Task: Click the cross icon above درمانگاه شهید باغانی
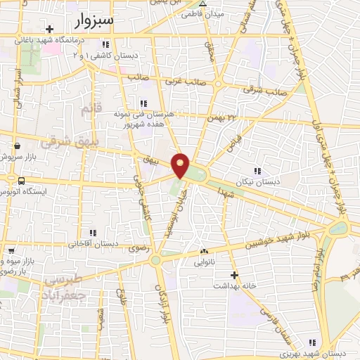pos(50,29)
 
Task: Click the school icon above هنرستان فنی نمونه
pos(144,103)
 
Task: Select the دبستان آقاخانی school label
pos(94,244)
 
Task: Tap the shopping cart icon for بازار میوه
pos(11,250)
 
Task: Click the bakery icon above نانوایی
pos(205,250)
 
